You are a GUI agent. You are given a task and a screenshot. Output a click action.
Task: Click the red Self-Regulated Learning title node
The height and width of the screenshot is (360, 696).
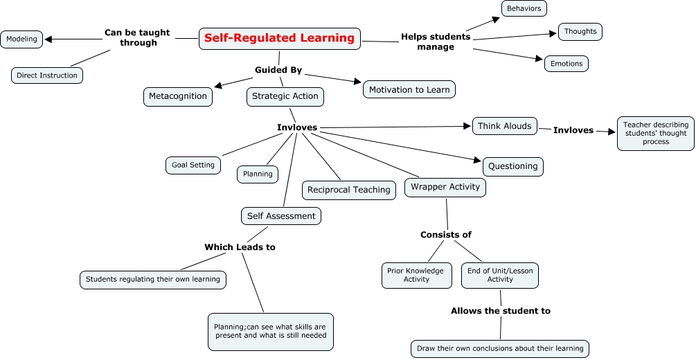coord(280,39)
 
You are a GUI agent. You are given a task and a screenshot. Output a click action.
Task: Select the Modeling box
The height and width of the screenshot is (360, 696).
coord(22,39)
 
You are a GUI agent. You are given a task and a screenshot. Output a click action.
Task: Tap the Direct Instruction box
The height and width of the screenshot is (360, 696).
coord(47,75)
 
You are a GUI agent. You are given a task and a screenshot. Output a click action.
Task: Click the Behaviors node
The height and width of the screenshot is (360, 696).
coord(524,8)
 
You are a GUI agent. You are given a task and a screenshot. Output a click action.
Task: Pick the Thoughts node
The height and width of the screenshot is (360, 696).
coord(580,32)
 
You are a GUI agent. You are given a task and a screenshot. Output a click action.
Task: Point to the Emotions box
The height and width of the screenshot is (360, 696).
coord(566,64)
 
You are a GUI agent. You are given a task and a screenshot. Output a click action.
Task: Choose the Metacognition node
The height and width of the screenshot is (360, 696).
coord(178,96)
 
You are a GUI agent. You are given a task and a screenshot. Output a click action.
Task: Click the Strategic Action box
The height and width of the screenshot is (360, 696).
coord(285,96)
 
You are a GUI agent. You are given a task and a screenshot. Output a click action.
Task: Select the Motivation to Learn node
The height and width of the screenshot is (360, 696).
coord(409,89)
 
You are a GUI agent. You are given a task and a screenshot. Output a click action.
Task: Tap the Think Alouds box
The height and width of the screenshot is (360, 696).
coord(505,126)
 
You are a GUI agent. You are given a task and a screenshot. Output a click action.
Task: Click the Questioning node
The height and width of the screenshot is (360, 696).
coord(512,166)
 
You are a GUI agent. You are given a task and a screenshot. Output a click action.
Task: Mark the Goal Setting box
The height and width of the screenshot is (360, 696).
coord(193,165)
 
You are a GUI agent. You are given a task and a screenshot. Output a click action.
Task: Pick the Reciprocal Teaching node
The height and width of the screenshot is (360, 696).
coord(349,190)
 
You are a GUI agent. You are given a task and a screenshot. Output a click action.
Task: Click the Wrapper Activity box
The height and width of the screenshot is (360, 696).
coord(445,187)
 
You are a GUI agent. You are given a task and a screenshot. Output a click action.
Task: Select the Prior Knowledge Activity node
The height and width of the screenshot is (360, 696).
coord(416,275)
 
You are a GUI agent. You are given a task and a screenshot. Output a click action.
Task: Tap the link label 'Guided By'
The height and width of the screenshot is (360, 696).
coord(278,70)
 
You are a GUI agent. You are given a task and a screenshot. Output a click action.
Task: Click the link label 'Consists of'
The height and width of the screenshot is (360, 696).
coord(446,235)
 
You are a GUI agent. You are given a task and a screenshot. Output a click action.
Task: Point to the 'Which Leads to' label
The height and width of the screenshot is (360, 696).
coord(240,247)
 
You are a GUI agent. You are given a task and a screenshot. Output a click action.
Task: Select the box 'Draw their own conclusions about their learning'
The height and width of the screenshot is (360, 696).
coord(499,348)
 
